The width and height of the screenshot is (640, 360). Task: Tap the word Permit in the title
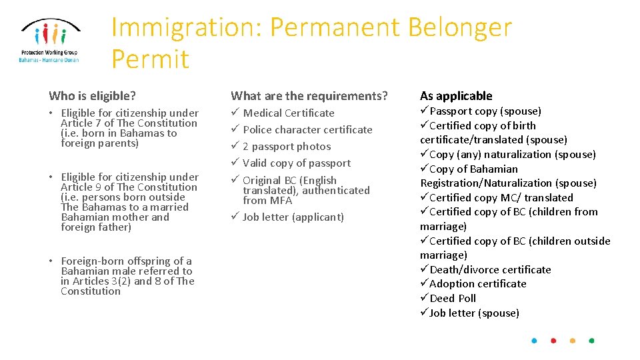click(x=150, y=59)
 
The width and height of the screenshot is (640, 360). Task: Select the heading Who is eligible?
click(x=92, y=96)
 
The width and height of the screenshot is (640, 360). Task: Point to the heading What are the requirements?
click(x=309, y=96)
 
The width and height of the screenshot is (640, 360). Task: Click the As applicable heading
click(x=456, y=96)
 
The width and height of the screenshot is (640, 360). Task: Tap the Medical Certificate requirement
click(x=289, y=113)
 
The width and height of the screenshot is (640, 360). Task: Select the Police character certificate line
click(x=307, y=130)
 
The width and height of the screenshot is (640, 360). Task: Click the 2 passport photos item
click(x=287, y=147)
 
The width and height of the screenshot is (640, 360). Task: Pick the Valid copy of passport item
click(x=297, y=163)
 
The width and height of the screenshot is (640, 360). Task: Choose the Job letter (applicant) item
click(x=293, y=217)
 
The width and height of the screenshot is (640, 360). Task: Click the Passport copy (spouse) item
click(x=485, y=111)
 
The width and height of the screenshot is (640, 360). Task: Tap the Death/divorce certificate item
click(x=490, y=270)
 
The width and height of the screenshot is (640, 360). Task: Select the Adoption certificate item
click(x=477, y=284)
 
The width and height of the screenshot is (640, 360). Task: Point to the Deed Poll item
click(x=453, y=299)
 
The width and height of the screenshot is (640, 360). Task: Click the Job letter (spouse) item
click(x=474, y=313)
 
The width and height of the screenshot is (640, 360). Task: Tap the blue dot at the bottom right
click(x=534, y=341)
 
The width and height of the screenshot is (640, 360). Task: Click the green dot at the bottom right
click(x=591, y=341)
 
